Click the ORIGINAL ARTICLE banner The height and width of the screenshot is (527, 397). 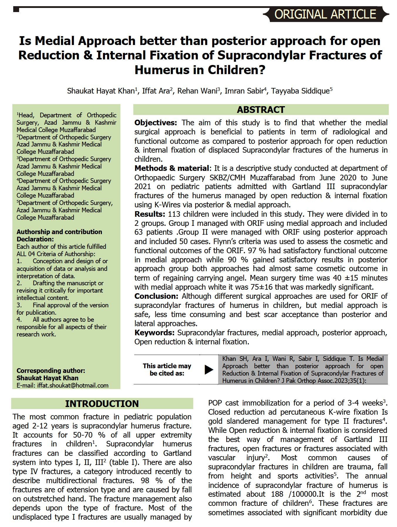click(x=325, y=14)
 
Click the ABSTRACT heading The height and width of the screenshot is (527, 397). click(x=261, y=110)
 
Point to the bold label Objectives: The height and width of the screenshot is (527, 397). click(x=156, y=123)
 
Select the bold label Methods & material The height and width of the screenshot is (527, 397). click(x=172, y=168)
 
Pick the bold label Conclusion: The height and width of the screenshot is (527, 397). click(x=156, y=296)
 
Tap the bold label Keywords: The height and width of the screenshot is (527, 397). click(x=154, y=333)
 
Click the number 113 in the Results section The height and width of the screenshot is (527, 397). click(x=174, y=214)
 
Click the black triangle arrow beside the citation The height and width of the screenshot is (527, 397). click(x=209, y=369)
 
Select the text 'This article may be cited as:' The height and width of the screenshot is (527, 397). click(x=167, y=370)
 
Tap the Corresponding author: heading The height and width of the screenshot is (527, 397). click(x=51, y=371)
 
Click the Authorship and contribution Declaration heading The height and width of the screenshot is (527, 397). click(x=59, y=235)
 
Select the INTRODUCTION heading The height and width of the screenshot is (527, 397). click(x=102, y=404)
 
